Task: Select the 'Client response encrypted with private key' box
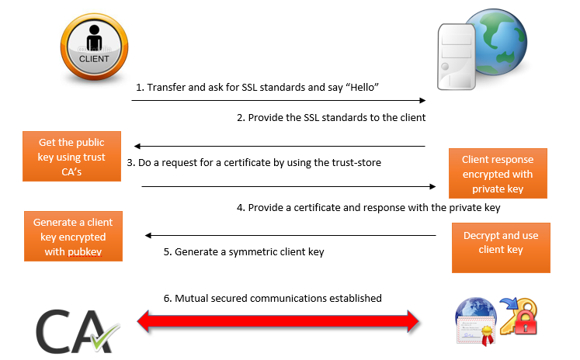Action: coord(497,174)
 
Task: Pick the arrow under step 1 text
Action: coord(278,100)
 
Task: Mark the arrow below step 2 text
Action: coord(280,146)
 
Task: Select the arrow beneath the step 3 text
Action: coord(287,186)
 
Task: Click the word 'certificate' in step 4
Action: coord(320,208)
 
